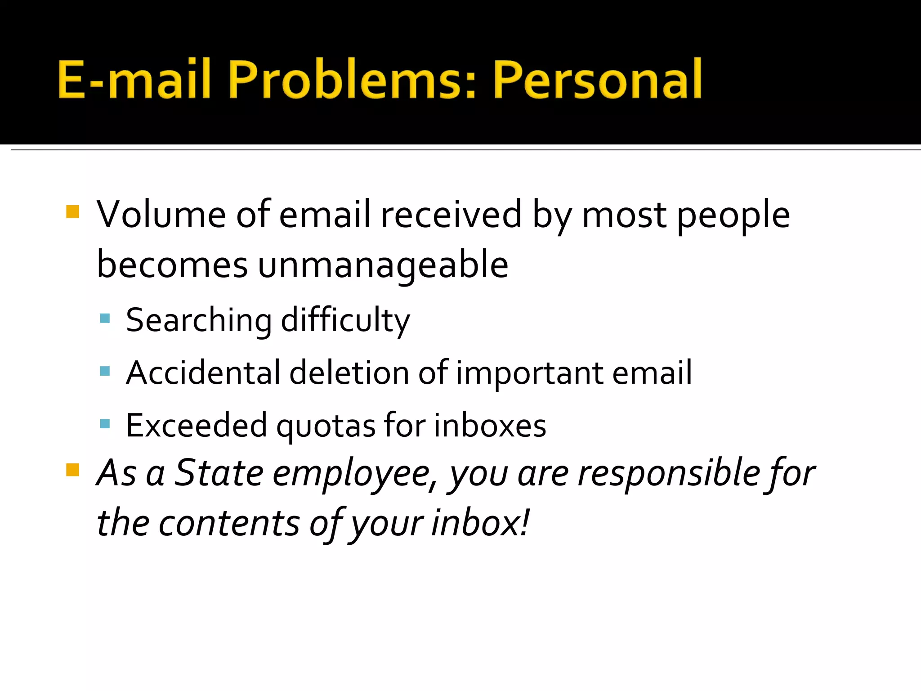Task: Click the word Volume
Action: (161, 215)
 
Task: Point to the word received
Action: (451, 215)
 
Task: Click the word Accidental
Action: (203, 373)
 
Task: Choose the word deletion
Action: (349, 373)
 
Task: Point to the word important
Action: (529, 374)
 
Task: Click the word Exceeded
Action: (197, 426)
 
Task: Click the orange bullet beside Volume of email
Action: (72, 212)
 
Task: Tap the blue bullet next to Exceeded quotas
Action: (105, 424)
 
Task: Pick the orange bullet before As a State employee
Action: (72, 470)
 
